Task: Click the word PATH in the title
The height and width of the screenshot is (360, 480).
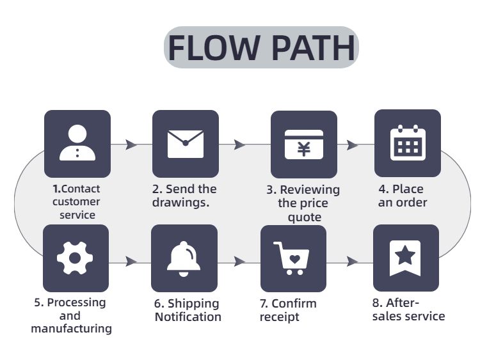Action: point(312,48)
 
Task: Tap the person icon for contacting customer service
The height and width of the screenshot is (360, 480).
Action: point(77,143)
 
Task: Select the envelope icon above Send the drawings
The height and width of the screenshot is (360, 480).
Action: point(185,143)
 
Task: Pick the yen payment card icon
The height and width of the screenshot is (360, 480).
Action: point(303,144)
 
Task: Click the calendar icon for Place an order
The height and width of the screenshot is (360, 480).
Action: point(408,143)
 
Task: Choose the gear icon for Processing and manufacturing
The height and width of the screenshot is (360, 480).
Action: point(75,258)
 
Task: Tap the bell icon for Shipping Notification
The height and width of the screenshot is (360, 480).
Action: point(184,258)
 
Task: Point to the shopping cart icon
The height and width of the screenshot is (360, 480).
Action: point(293,258)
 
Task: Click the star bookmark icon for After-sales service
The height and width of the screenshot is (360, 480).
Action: point(405,258)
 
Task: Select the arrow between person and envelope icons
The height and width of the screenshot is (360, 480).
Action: point(131,145)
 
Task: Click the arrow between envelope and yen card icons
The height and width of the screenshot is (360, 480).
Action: point(240,145)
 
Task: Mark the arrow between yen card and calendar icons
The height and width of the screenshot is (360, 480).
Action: point(352,145)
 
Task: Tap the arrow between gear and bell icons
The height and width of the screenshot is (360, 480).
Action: point(131,262)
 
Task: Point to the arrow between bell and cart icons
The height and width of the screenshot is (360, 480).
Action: point(240,262)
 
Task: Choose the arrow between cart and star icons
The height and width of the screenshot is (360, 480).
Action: point(352,262)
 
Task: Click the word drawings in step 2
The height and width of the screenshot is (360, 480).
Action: point(181,203)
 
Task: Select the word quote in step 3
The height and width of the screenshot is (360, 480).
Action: point(303,217)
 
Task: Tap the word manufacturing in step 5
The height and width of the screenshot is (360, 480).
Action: point(71,329)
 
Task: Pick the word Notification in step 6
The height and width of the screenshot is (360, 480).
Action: point(188,317)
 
